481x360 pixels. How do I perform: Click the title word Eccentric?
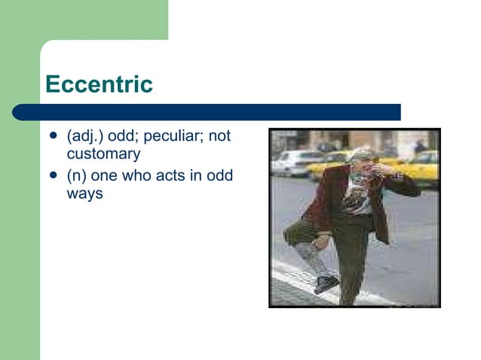99,84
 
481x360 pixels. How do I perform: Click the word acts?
173,175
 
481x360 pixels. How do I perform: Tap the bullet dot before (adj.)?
53,137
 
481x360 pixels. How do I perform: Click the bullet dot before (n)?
53,176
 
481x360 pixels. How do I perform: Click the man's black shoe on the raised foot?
326,283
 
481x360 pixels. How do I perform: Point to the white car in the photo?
296,162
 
